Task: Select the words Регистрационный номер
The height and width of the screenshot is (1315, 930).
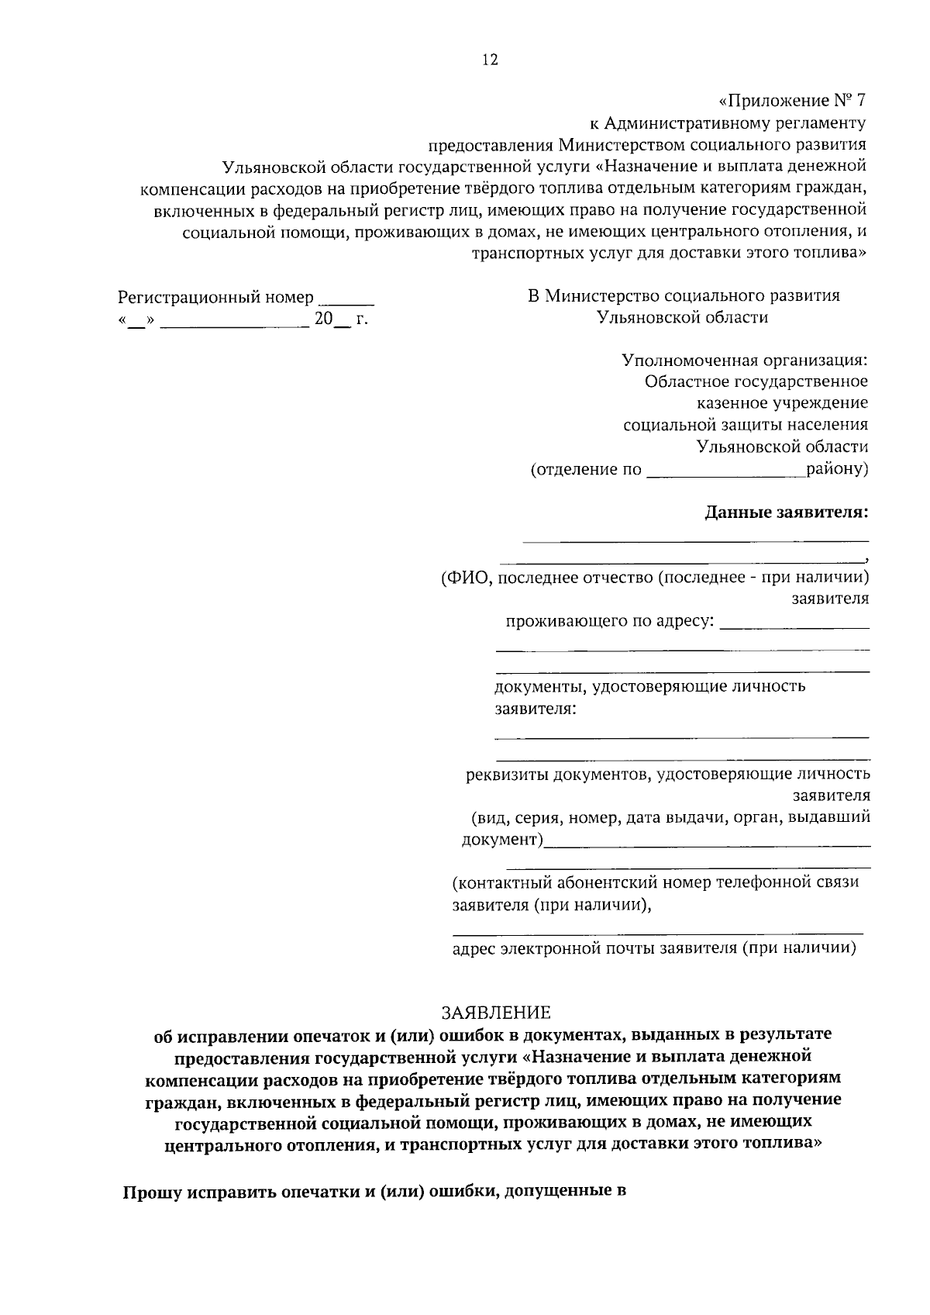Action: [x=215, y=298]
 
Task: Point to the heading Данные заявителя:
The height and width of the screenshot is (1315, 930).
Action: [x=787, y=513]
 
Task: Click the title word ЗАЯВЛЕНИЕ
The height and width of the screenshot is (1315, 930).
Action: [x=496, y=1013]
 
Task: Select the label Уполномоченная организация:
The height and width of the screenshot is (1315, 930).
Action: [x=745, y=361]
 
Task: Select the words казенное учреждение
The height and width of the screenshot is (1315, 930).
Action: [x=782, y=403]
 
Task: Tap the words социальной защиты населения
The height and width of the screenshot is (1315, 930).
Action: [x=746, y=425]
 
